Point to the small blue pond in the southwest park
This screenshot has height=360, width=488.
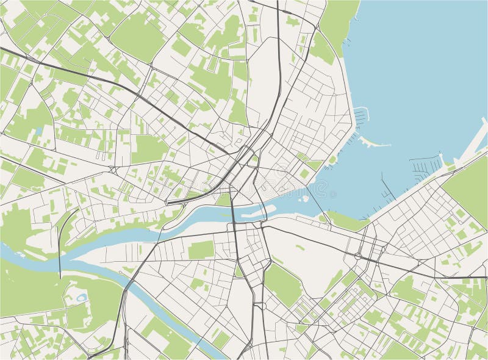81,298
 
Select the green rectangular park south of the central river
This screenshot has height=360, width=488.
201,250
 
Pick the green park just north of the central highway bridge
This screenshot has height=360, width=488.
224,199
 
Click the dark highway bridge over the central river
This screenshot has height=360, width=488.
232,213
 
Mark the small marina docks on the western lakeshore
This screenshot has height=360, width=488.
361,115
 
